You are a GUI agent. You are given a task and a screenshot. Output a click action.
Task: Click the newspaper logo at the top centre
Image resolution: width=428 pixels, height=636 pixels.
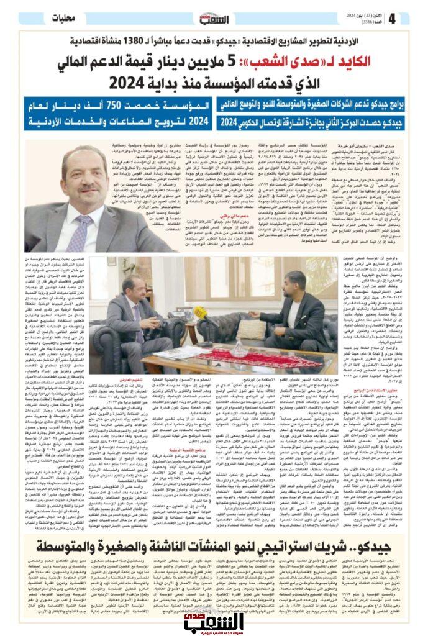click(x=214, y=17)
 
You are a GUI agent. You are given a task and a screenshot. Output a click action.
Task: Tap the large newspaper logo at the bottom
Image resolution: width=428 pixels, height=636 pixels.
click(x=213, y=613)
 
